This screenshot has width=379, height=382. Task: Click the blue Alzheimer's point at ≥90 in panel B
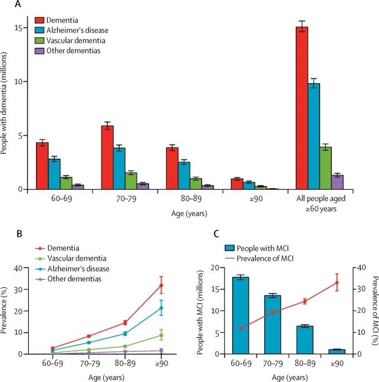(x=161, y=308)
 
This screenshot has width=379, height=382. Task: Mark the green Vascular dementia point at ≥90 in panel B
(x=161, y=335)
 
